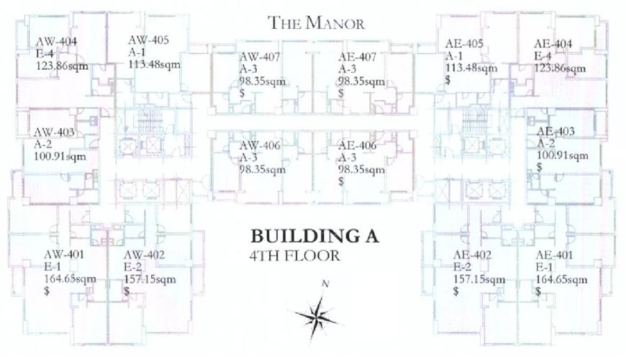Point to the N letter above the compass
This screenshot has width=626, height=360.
tap(325, 284)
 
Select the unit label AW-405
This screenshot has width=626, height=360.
tap(148, 40)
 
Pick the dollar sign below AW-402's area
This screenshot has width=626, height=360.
tap(127, 291)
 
